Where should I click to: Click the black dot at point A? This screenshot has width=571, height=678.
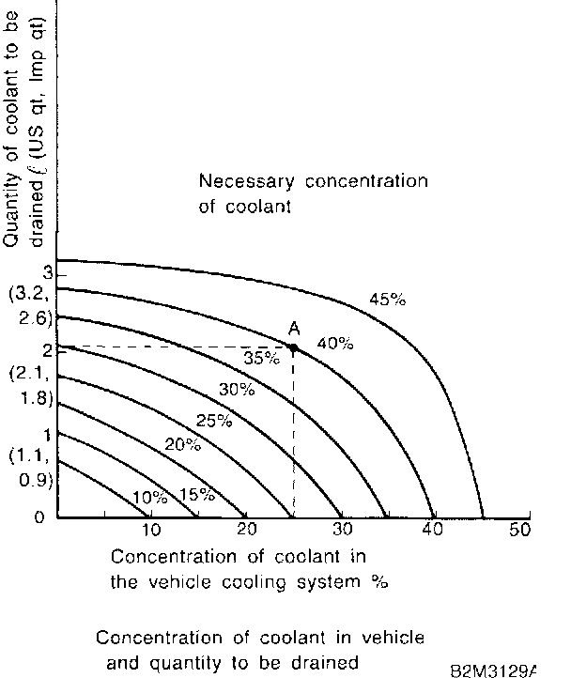(x=294, y=347)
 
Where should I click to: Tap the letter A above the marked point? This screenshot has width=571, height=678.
(x=294, y=328)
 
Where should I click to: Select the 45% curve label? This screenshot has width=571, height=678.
(x=387, y=300)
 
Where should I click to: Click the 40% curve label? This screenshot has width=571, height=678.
(x=334, y=344)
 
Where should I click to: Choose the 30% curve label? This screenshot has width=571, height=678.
(x=236, y=389)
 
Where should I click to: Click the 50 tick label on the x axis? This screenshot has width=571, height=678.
(x=519, y=530)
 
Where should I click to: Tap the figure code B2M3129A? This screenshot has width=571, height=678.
(x=492, y=670)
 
